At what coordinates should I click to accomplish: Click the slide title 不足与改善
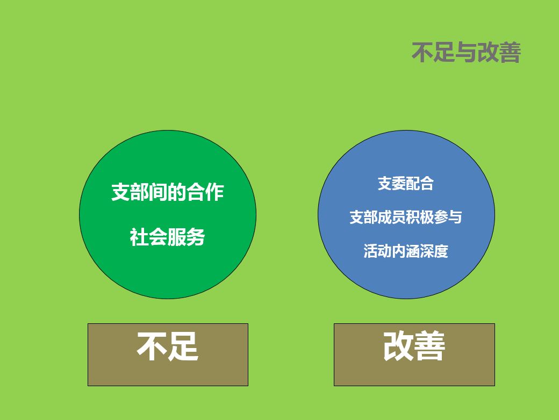pos(467,53)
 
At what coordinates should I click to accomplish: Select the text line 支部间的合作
pos(168,192)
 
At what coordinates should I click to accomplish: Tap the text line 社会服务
pos(168,237)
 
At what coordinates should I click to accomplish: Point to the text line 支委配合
pos(406,184)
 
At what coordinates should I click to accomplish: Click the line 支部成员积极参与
pos(406,217)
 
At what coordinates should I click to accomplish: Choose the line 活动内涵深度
pos(406,251)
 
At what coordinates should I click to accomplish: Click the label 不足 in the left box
pos(168,346)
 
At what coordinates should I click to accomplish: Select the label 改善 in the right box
pos(414,346)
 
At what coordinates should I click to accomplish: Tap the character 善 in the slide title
pos(510,53)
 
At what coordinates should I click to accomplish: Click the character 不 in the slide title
pos(422,53)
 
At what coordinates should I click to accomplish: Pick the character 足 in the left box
pos(183,346)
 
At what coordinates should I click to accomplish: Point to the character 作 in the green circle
pos(215,192)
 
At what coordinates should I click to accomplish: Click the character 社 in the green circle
pos(139,237)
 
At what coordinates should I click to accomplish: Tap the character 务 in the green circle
pos(196,237)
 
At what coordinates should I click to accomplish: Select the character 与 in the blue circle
pos(455,217)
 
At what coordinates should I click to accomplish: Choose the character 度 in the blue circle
pos(441,251)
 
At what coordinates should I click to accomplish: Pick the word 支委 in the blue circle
pos(392,184)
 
